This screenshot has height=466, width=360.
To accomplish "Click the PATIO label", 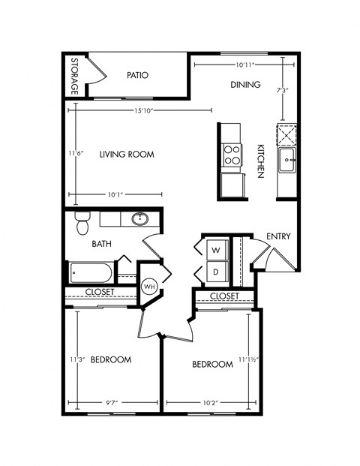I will click(x=137, y=75).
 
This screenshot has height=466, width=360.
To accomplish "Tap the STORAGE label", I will click(x=74, y=77).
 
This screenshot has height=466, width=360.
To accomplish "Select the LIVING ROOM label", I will click(x=127, y=155).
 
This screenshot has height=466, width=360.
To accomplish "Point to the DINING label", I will click(x=245, y=85).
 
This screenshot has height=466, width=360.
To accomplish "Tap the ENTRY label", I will click(x=278, y=237).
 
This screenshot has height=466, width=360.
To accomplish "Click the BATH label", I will click(x=102, y=244).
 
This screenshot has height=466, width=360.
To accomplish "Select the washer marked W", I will click(x=215, y=250).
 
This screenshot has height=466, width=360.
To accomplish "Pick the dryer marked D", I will click(x=215, y=271).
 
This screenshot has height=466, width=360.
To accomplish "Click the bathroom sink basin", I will click(x=139, y=220).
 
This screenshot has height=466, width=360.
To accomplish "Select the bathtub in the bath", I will click(x=91, y=272).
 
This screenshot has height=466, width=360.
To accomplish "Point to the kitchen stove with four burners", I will click(x=232, y=155).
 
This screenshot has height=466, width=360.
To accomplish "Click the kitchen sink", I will click(x=287, y=159).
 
